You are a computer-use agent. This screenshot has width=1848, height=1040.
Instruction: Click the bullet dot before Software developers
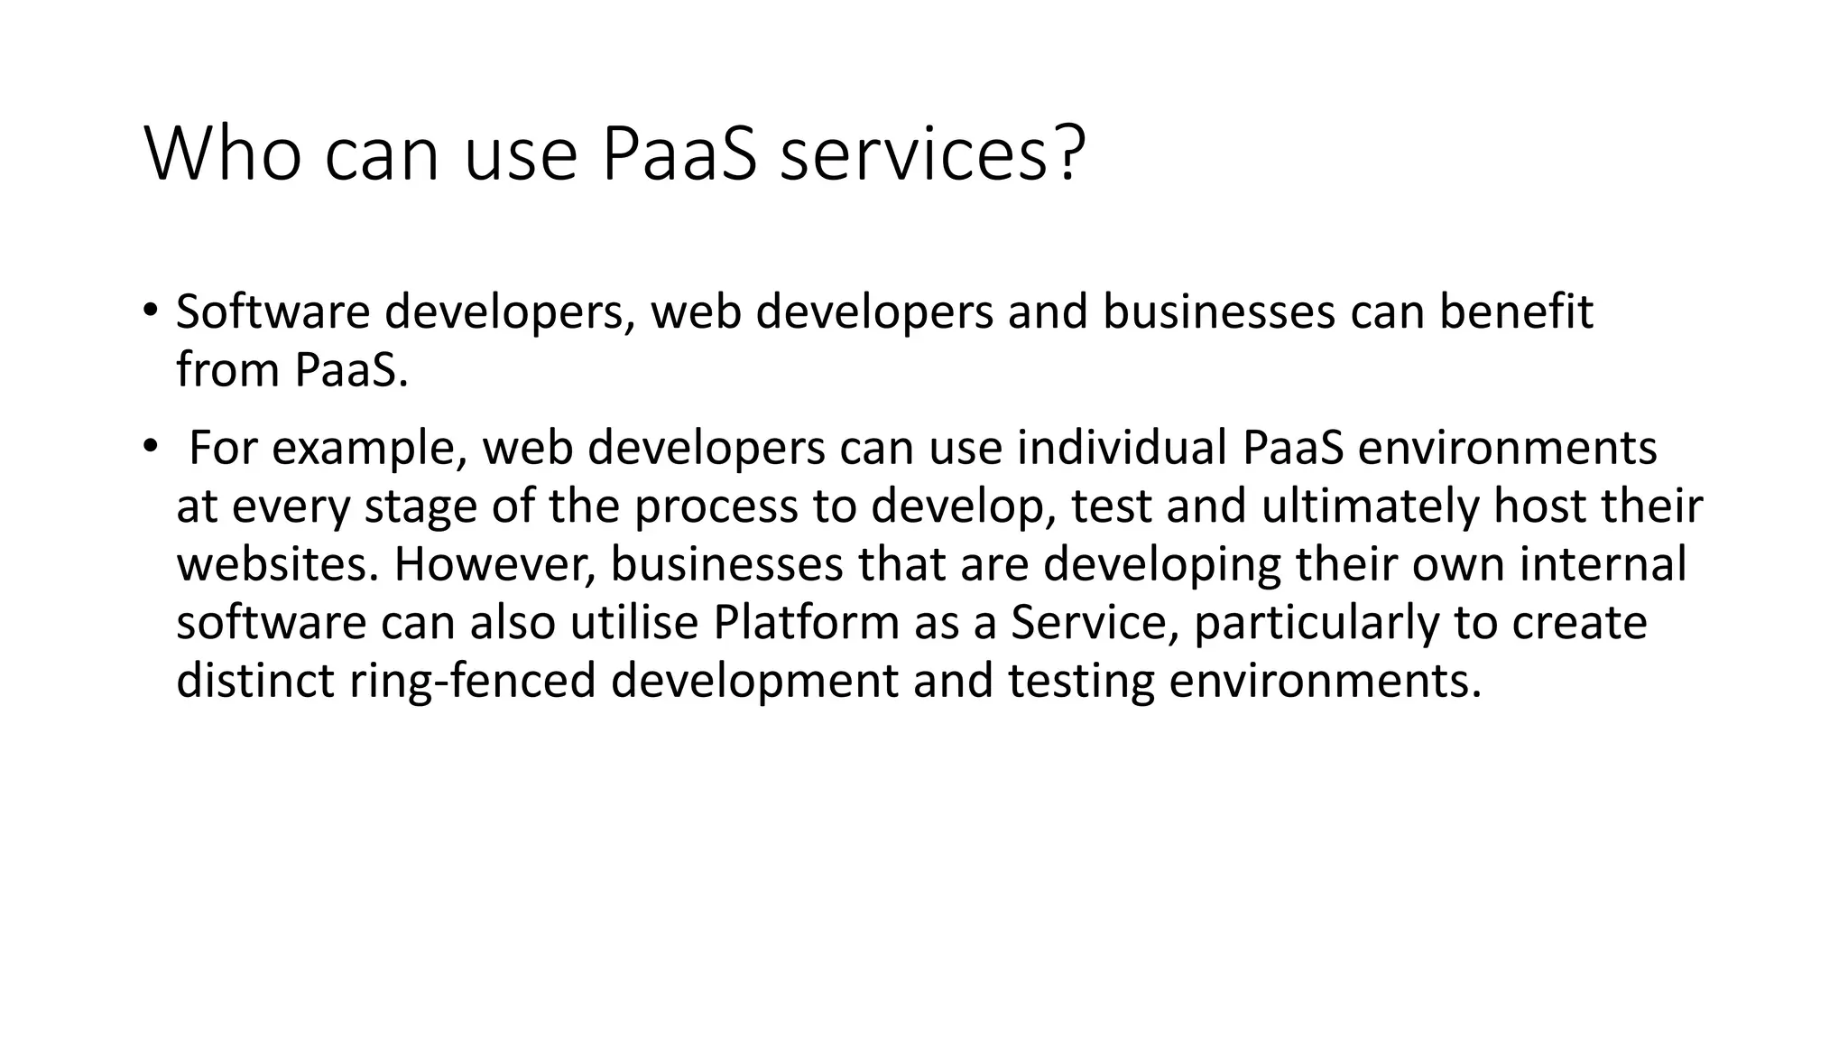click(150, 311)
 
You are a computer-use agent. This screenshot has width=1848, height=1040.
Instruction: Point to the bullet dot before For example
click(150, 446)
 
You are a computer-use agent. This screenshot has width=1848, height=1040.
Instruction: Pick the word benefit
click(1516, 312)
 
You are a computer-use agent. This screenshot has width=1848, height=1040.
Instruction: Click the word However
click(494, 565)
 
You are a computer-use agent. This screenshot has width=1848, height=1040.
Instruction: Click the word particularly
click(1317, 625)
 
